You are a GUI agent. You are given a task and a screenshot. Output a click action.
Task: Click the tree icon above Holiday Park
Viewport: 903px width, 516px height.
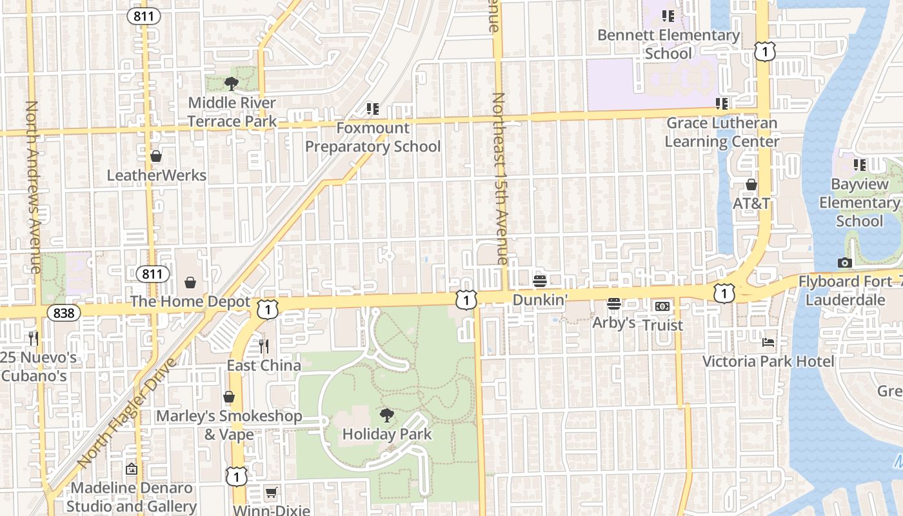386,415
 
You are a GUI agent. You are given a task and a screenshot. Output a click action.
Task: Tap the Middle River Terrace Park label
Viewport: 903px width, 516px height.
232,112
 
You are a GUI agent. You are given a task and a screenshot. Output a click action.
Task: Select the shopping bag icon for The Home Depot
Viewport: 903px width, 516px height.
190,283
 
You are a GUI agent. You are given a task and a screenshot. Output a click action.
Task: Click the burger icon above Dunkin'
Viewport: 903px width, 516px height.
540,281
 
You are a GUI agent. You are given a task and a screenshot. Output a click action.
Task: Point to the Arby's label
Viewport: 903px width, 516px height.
613,322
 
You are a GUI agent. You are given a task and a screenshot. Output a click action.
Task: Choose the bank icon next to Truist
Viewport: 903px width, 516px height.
662,306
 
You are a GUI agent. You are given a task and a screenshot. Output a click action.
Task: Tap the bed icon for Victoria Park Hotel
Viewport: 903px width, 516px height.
768,342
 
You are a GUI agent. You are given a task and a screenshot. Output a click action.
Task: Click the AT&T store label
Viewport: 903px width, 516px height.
751,203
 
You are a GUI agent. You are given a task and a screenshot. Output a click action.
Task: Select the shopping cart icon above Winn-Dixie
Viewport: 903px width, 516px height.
272,493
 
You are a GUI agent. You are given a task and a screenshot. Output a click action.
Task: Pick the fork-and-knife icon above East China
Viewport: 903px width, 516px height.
263,346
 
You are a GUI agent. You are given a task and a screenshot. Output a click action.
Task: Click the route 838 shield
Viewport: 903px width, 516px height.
64,313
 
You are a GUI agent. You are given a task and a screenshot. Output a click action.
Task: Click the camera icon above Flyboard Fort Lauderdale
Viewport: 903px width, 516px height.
844,263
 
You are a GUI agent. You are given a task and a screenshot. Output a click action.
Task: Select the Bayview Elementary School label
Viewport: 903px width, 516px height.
859,203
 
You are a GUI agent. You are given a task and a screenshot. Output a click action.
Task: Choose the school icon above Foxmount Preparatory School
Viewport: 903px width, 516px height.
372,109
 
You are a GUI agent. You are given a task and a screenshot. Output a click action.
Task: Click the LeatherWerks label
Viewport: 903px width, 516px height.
156,175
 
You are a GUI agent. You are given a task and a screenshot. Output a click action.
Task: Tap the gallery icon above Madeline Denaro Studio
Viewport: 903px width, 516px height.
132,469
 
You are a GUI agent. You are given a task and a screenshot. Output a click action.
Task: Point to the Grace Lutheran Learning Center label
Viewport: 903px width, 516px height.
722,132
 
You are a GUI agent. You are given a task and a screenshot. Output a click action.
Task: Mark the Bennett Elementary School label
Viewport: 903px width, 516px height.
668,44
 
